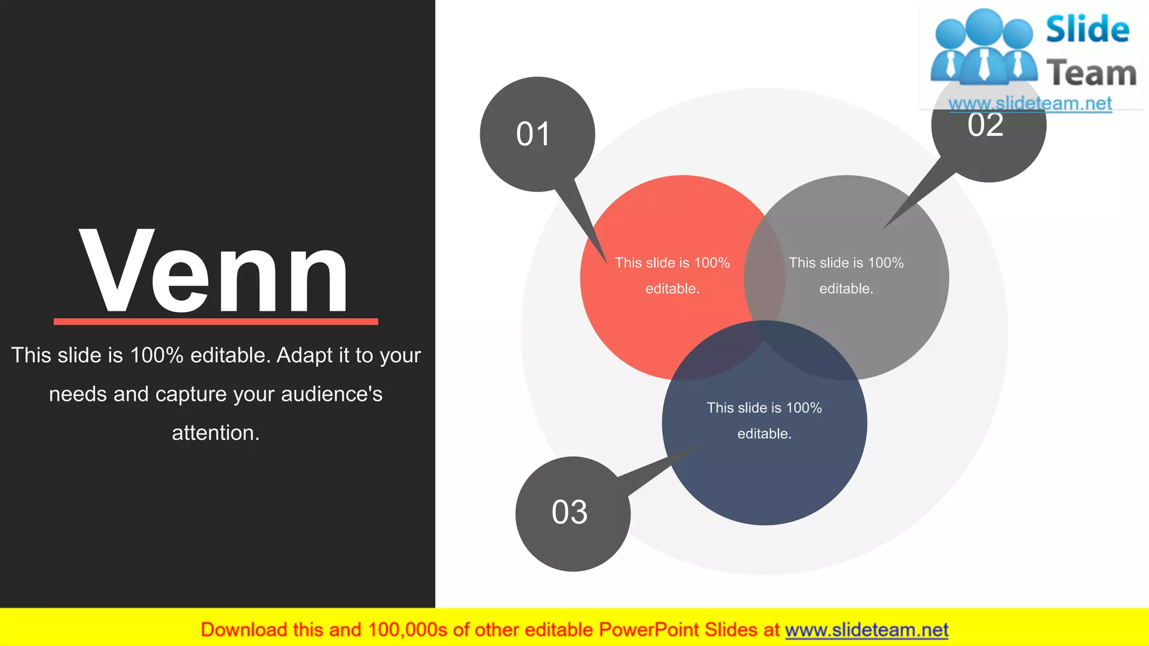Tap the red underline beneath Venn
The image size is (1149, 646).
215,321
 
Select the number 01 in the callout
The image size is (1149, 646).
533,135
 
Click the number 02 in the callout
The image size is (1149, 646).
985,124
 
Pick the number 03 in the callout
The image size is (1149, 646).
569,513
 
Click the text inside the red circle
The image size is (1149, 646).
672,275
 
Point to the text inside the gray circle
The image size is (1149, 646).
846,275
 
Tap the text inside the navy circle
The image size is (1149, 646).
764,421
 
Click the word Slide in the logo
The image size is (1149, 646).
1087,29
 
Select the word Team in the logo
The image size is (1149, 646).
1091,73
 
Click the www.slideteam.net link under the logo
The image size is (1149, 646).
1030,103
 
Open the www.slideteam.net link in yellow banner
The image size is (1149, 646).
866,630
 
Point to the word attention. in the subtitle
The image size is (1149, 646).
215,433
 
